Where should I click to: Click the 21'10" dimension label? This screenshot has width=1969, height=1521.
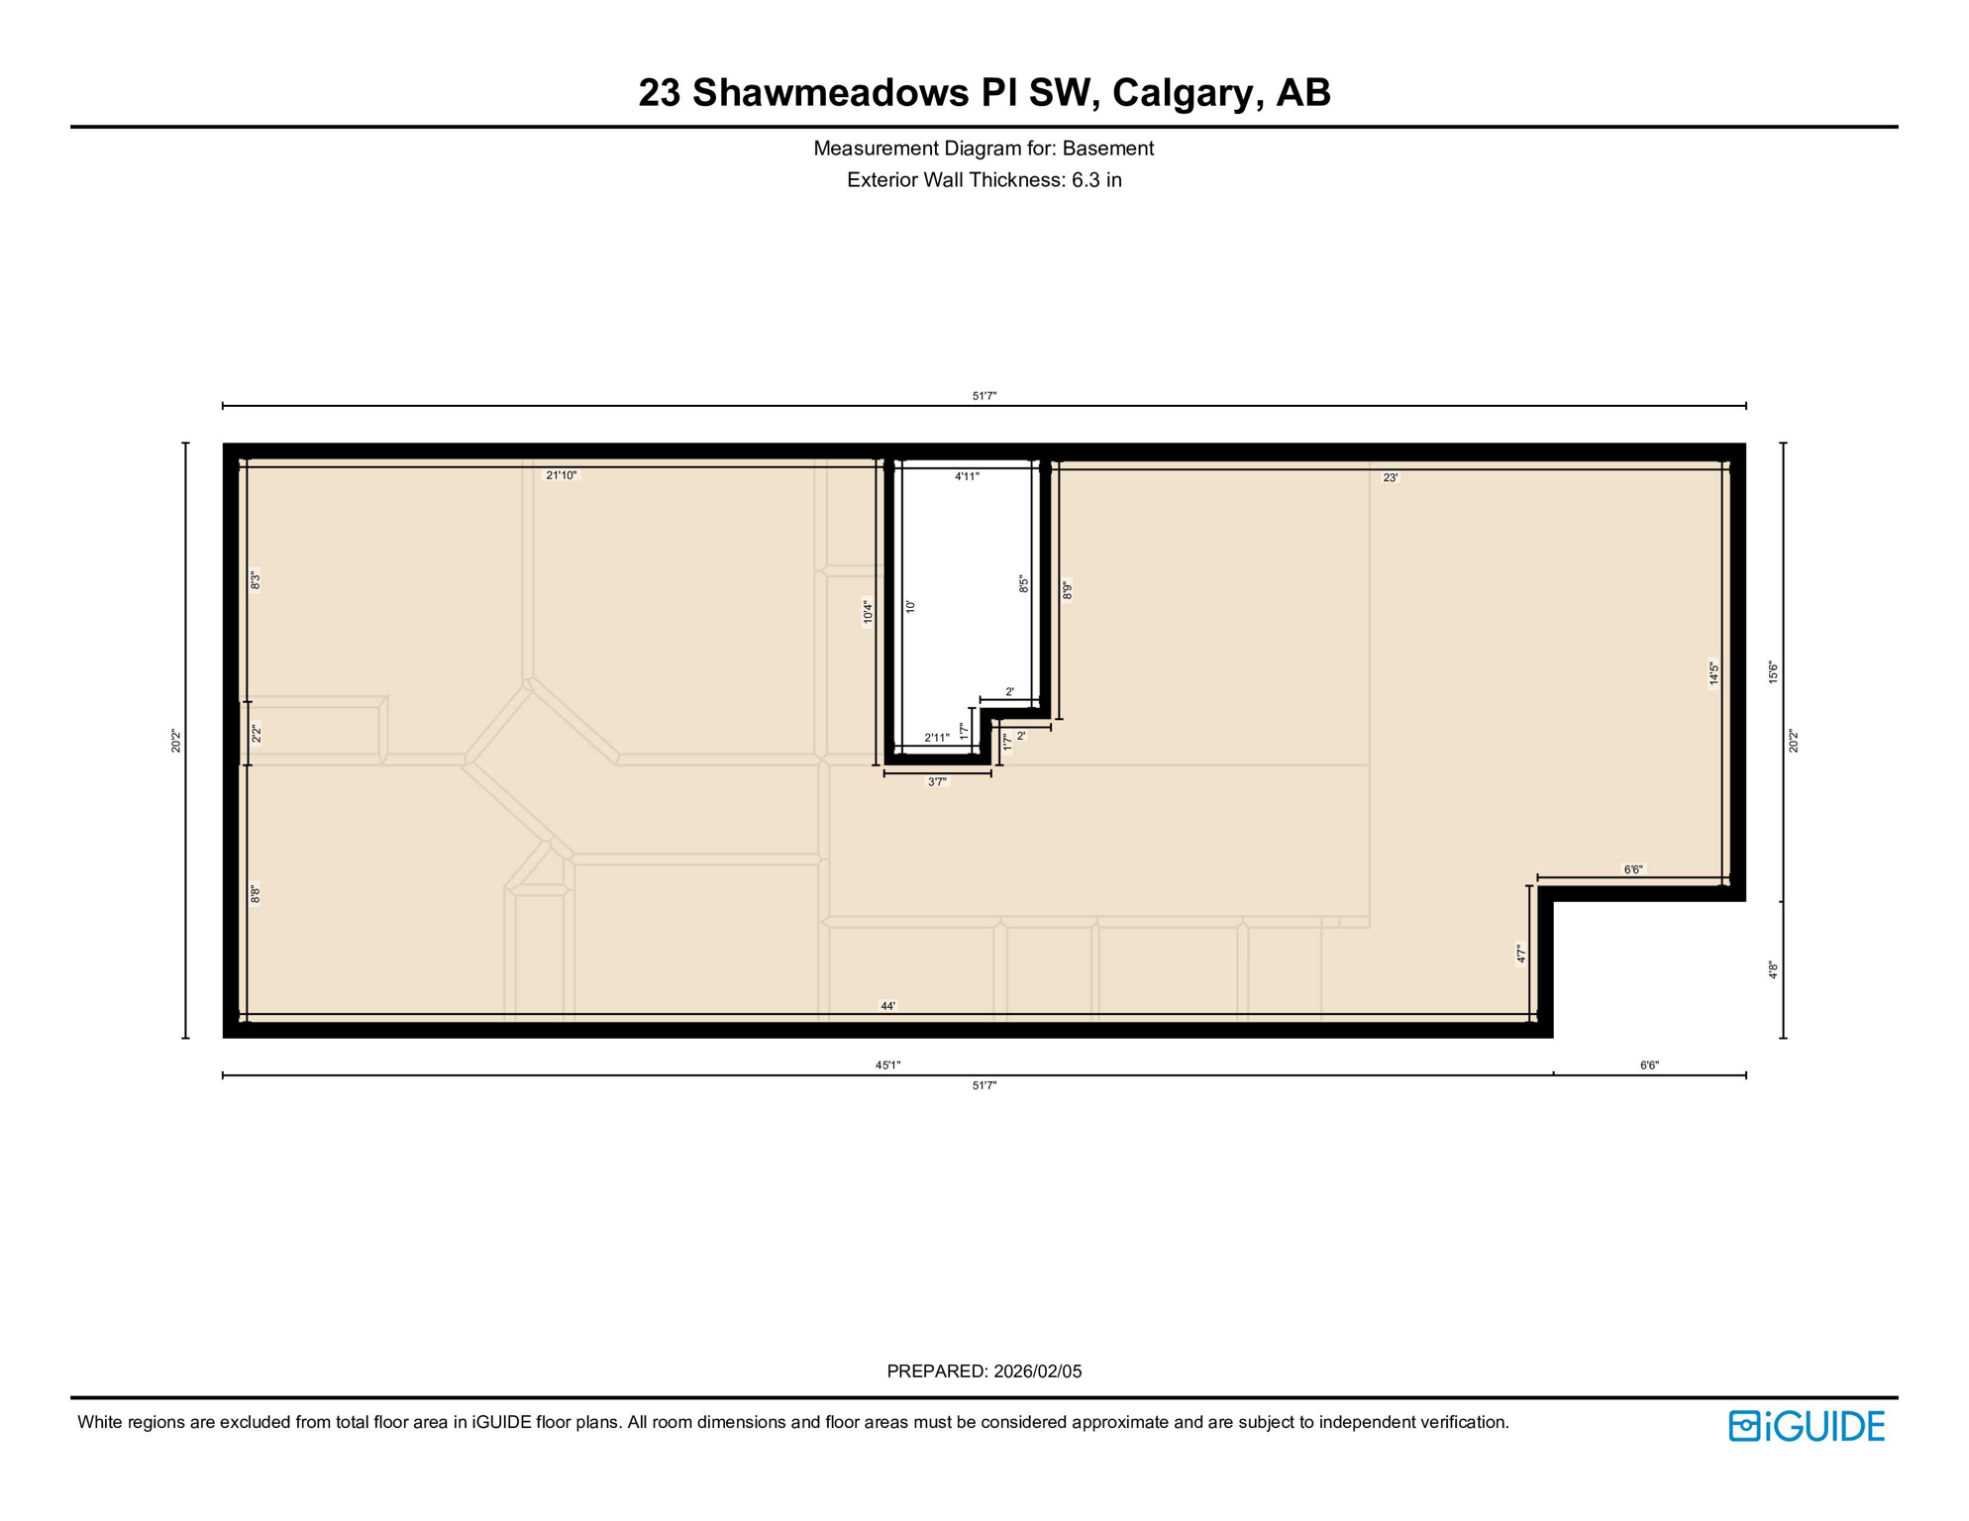point(561,475)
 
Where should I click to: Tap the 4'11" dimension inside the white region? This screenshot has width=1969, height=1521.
point(967,476)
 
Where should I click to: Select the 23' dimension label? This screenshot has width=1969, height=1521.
point(1390,477)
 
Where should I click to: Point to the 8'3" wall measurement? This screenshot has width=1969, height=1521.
point(256,580)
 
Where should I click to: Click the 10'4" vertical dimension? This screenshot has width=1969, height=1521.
point(868,612)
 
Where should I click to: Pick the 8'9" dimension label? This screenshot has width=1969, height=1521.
point(1068,590)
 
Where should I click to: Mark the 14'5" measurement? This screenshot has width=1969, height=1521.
point(1713,673)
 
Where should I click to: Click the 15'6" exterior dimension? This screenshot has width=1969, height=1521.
point(1773,672)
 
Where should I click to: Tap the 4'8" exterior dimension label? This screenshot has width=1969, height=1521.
point(1773,970)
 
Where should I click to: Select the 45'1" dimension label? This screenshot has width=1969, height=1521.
point(887,1065)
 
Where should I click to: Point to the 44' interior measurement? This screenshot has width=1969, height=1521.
point(888,1006)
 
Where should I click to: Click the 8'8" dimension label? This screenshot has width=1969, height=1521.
point(256,893)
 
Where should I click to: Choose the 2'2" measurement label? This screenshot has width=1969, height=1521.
point(256,734)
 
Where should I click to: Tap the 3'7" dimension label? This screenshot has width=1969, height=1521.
point(937,782)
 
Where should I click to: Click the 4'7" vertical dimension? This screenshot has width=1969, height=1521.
point(1520,954)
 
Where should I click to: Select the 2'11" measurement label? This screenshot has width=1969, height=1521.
point(936,738)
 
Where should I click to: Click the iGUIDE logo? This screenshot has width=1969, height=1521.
point(1807,1426)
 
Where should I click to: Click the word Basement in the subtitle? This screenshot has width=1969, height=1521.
point(1107,149)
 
